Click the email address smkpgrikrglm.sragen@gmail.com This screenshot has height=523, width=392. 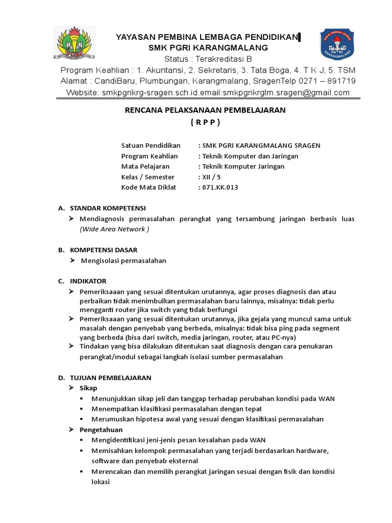(x=286, y=92)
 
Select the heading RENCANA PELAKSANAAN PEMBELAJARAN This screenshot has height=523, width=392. (x=206, y=110)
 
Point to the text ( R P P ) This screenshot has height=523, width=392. (x=205, y=122)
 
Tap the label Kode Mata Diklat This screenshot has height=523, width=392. (x=148, y=187)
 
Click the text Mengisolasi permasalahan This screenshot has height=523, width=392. (x=124, y=260)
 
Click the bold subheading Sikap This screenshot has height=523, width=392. (x=88, y=388)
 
